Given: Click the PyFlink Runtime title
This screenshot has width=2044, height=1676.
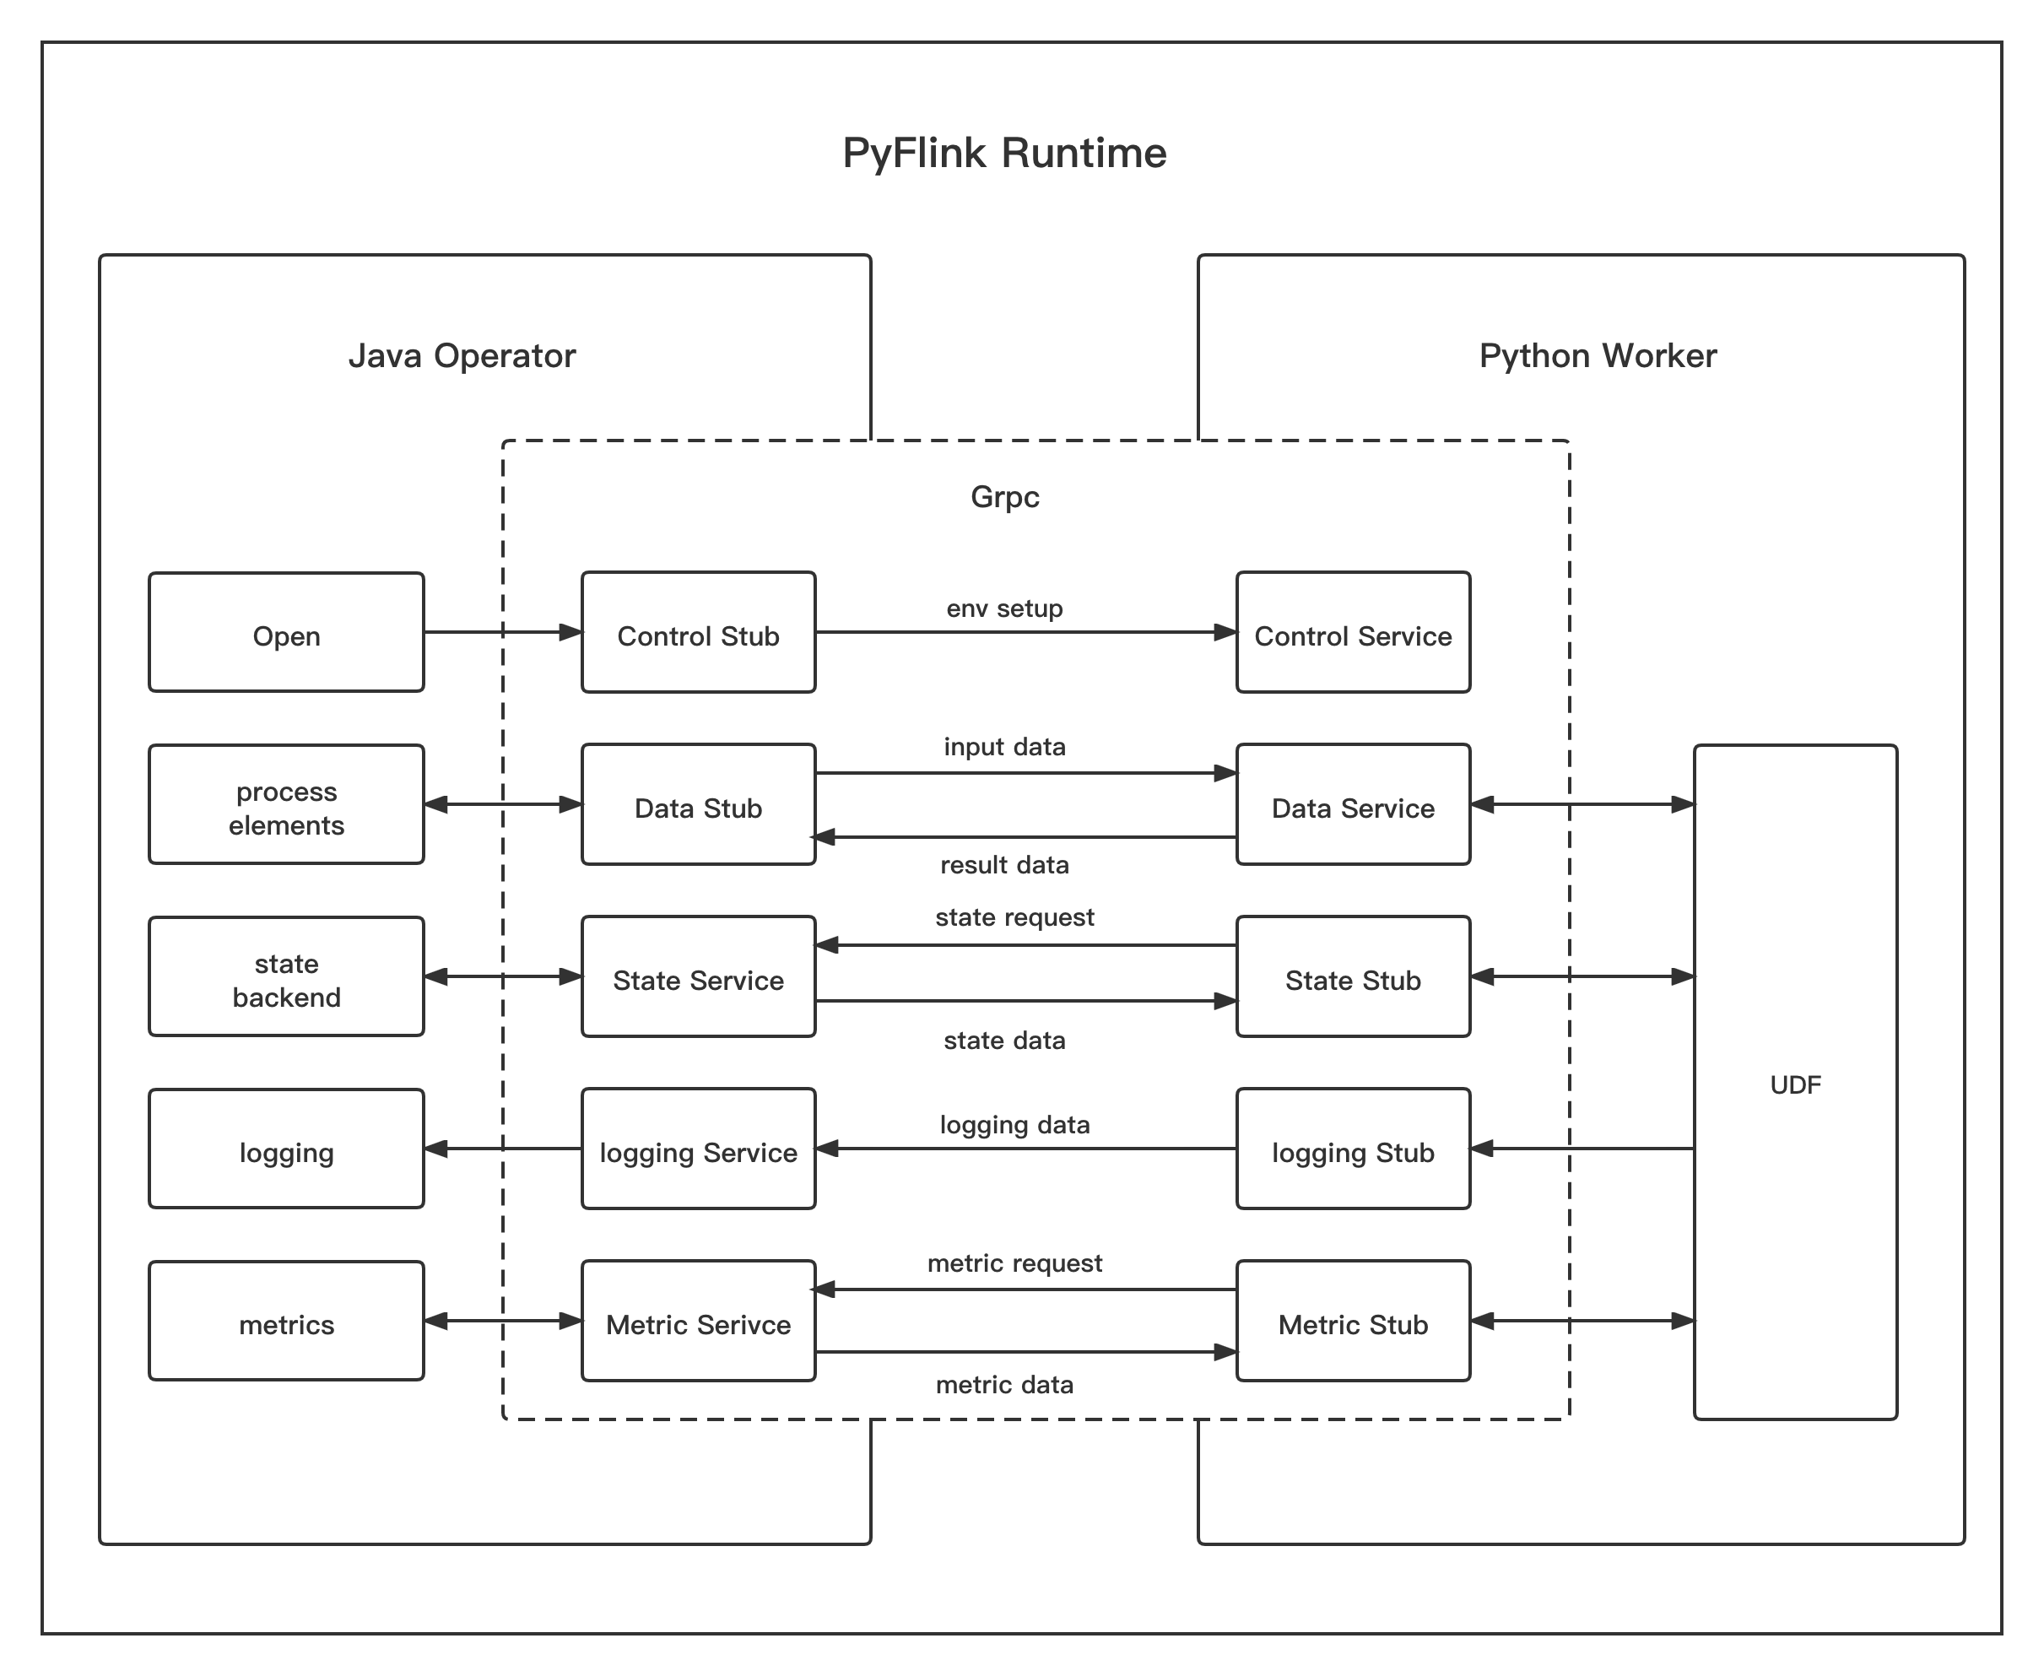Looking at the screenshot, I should [x=1004, y=153].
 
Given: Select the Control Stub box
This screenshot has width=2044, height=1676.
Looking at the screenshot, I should [x=698, y=632].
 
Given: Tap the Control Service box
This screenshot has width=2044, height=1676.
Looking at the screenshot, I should [x=1353, y=632].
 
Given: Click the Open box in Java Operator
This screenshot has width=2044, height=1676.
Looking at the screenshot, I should [x=286, y=632].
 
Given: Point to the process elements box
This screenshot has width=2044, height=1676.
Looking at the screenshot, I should [x=286, y=804].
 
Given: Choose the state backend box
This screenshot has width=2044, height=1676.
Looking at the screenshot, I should [x=286, y=976].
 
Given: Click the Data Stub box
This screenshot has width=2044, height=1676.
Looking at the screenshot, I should [x=698, y=804].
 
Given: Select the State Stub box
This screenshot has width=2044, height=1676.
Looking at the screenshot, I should [x=1353, y=976].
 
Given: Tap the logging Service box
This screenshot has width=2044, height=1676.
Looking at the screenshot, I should [x=698, y=1149].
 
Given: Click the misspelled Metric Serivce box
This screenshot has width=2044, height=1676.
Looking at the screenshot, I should [x=698, y=1321].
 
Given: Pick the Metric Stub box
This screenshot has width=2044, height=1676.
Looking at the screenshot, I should [x=1353, y=1321].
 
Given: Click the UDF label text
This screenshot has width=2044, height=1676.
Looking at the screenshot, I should [x=1795, y=1084].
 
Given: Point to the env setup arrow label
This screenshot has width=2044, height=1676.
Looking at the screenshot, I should [x=1004, y=608].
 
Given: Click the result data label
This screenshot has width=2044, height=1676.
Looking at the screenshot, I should [x=1004, y=864].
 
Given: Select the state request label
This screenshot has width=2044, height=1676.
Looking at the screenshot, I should [x=1014, y=916].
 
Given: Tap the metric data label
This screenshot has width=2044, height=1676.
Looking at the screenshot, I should [x=1004, y=1385].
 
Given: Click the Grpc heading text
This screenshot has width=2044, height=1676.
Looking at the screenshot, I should [x=1004, y=496].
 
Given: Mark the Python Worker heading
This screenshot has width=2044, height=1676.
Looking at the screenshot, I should [x=1597, y=355].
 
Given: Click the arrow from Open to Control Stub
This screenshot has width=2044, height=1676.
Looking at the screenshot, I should [x=502, y=632].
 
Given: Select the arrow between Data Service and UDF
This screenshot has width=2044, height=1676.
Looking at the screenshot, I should [x=1582, y=804].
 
